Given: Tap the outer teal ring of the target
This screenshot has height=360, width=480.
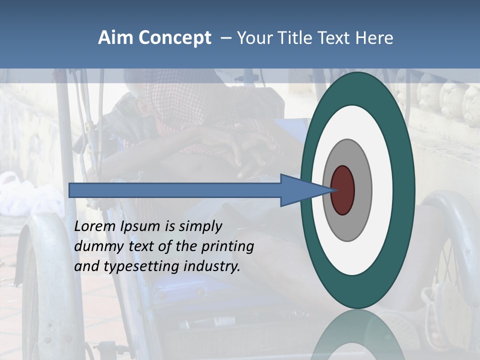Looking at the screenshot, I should click(x=357, y=88).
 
